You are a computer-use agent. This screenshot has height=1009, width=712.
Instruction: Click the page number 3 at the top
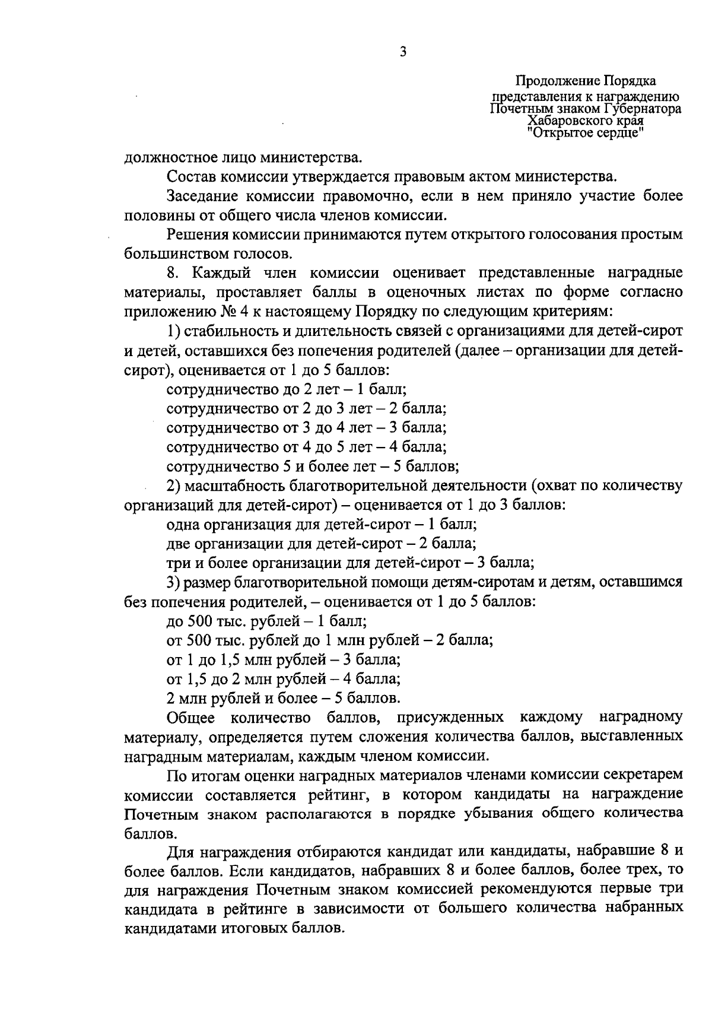point(403,52)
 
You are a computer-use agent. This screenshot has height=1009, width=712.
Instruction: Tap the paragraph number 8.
point(172,273)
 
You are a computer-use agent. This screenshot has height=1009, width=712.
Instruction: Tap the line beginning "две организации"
point(321,542)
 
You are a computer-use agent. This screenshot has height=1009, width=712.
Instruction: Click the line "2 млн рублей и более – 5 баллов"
point(284,697)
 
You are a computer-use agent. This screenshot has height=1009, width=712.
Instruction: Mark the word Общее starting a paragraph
point(191,718)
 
